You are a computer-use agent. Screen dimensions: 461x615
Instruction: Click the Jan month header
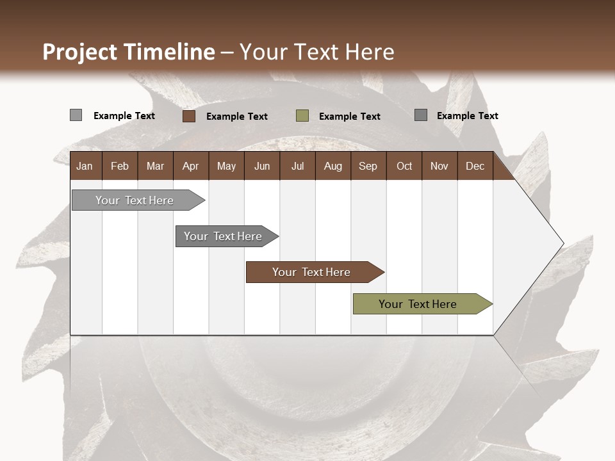[x=85, y=166]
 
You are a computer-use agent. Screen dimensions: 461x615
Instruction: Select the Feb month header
[x=120, y=166]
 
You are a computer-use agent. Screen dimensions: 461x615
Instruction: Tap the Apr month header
[x=190, y=166]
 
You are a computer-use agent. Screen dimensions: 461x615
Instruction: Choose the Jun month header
[x=262, y=166]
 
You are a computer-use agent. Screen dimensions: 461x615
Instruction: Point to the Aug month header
[x=332, y=166]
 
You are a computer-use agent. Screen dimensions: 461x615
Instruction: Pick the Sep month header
[x=368, y=166]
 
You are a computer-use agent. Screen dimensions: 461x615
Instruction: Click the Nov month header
[x=439, y=166]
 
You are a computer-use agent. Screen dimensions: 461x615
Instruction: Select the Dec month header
[x=475, y=166]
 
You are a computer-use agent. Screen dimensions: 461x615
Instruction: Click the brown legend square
[x=189, y=116]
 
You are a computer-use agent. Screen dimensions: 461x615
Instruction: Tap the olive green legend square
[x=302, y=116]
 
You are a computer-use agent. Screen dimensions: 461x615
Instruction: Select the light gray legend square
[x=76, y=115]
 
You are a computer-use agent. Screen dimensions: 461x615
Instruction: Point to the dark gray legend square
[x=421, y=115]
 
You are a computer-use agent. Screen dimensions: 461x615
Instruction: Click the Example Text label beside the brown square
[x=236, y=117]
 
